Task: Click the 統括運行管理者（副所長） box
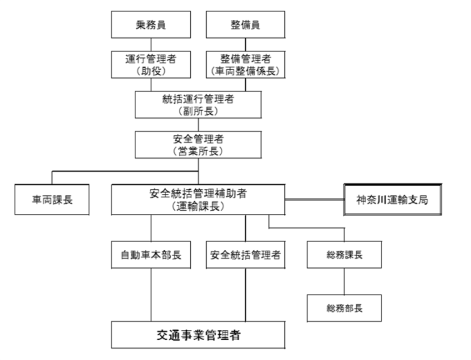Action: point(197,104)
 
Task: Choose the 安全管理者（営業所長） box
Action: point(197,144)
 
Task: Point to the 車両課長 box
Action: point(53,199)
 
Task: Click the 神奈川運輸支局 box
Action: point(393,199)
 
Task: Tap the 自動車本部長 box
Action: point(151,255)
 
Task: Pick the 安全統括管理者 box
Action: point(245,255)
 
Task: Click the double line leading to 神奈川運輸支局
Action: point(314,199)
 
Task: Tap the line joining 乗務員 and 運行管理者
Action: point(151,45)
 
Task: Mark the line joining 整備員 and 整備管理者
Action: point(246,45)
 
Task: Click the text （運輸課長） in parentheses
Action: point(197,206)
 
